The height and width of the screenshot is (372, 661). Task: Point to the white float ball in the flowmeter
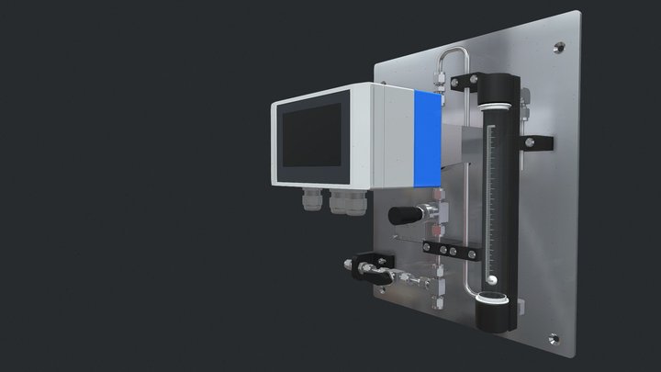click(x=492, y=280)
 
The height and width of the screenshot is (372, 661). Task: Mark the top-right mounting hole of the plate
click(x=559, y=45)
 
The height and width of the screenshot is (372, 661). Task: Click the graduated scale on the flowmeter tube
click(x=497, y=193)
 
